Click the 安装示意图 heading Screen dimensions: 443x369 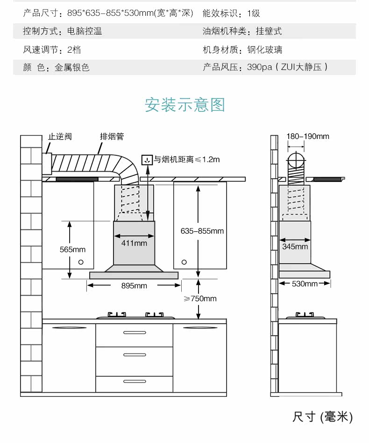[x=184, y=104]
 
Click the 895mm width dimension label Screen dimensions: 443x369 [x=134, y=285]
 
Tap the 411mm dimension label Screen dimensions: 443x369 [x=134, y=243]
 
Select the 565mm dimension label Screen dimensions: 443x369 [x=72, y=249]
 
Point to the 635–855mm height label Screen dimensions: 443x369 [x=202, y=231]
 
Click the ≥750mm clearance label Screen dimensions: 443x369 [x=200, y=298]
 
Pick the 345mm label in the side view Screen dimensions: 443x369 [x=295, y=246]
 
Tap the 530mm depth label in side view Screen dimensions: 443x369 [x=305, y=284]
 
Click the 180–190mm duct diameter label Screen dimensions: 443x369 [x=307, y=136]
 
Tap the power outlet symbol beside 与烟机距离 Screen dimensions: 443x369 [x=147, y=160]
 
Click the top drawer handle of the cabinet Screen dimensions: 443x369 [x=134, y=332]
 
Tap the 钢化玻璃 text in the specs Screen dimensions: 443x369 [x=265, y=49]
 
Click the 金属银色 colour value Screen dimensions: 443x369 [x=72, y=67]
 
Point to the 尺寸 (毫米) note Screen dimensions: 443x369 [x=322, y=416]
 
